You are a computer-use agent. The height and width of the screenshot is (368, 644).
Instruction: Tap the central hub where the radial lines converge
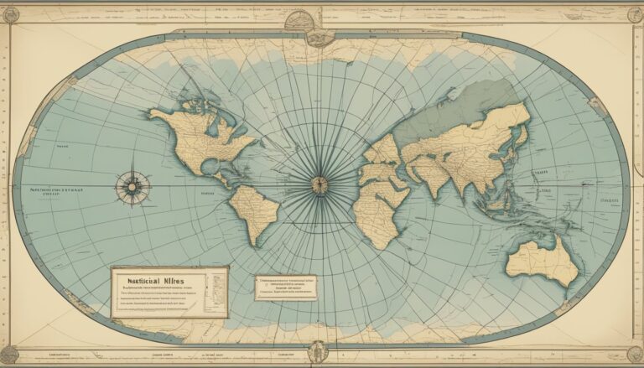tap(319, 185)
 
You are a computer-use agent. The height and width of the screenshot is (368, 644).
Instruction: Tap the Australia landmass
tap(545, 260)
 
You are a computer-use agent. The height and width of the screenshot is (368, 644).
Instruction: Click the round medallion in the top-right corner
tap(634, 13)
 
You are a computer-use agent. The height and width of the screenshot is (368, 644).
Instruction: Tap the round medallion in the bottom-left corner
tap(9, 355)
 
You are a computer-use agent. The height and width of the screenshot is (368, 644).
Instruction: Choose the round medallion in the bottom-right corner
tap(634, 355)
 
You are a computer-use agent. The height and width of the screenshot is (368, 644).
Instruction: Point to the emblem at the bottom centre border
tap(318, 353)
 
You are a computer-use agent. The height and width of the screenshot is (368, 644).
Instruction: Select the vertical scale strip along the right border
tap(636, 184)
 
